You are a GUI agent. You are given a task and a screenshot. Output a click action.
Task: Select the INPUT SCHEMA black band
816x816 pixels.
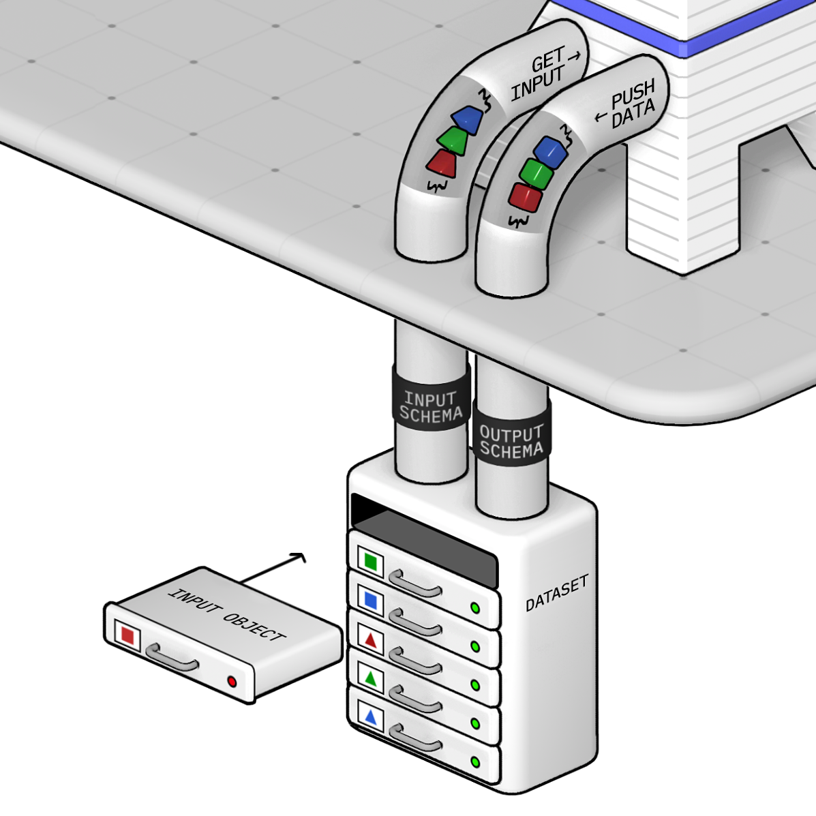(x=431, y=406)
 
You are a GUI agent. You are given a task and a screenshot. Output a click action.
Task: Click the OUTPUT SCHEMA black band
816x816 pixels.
(x=511, y=441)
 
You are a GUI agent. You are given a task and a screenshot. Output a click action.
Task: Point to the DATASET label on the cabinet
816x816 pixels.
(x=556, y=593)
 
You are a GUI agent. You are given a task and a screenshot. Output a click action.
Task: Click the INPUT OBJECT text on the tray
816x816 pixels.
(x=226, y=614)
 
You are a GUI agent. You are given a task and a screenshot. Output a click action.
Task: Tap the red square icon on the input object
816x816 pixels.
(x=127, y=635)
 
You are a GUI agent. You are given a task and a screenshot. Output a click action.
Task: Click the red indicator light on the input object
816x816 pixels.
(x=232, y=681)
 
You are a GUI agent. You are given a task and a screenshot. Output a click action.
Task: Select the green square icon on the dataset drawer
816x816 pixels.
(x=370, y=561)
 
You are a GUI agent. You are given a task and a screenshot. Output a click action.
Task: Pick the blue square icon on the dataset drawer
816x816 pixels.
(x=370, y=600)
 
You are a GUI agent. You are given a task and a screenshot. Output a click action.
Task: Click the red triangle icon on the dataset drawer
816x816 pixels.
(x=370, y=640)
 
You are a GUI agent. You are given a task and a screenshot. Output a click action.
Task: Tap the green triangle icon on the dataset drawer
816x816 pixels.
(x=370, y=678)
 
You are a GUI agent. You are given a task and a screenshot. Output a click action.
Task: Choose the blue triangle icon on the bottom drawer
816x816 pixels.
(x=370, y=717)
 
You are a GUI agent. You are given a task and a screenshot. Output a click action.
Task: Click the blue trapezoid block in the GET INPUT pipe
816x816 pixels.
(x=468, y=119)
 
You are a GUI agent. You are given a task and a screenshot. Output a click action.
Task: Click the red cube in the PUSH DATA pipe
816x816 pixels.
(x=526, y=197)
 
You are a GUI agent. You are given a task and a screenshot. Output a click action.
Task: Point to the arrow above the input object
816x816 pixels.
(x=273, y=568)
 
